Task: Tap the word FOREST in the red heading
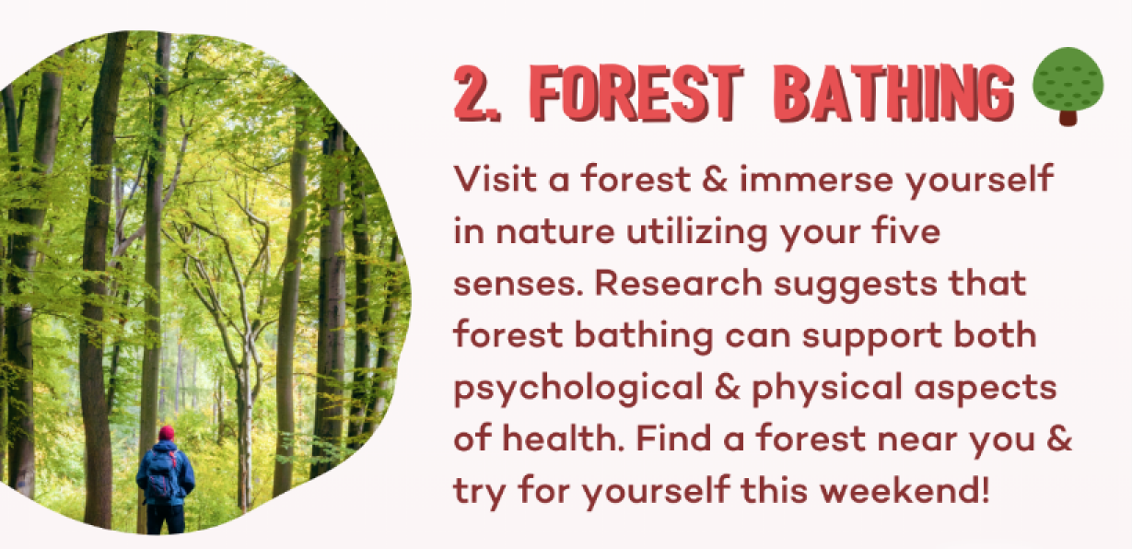[x=636, y=93]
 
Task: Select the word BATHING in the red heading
[x=894, y=93]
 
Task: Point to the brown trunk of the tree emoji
[x=1068, y=118]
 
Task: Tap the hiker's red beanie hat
[x=167, y=433]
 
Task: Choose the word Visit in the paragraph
[x=496, y=179]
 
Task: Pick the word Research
[x=679, y=283]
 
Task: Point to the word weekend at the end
[x=897, y=490]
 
